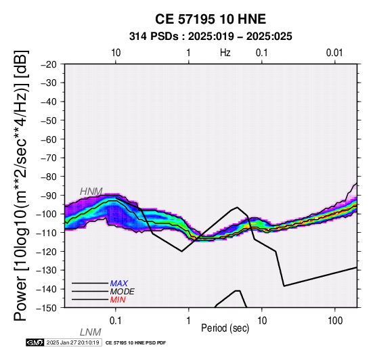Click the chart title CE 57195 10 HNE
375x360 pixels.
[211, 19]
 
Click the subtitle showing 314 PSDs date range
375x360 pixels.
[211, 37]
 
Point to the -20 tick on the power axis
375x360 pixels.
[49, 64]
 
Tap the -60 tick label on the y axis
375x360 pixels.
[49, 139]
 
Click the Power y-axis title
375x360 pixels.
[21, 185]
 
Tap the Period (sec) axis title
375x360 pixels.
[225, 328]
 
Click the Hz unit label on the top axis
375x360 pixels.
[225, 53]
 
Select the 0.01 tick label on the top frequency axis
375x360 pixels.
[334, 53]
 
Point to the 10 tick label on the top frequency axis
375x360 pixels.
[116, 53]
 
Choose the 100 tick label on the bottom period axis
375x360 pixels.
[335, 321]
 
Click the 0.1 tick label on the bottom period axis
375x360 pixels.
[115, 321]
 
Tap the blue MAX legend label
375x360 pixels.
[119, 284]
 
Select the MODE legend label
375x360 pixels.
[123, 292]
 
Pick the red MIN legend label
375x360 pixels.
[118, 300]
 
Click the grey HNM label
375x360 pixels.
[91, 192]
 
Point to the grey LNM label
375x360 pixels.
[91, 332]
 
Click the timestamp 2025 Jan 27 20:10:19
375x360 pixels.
[72, 343]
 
